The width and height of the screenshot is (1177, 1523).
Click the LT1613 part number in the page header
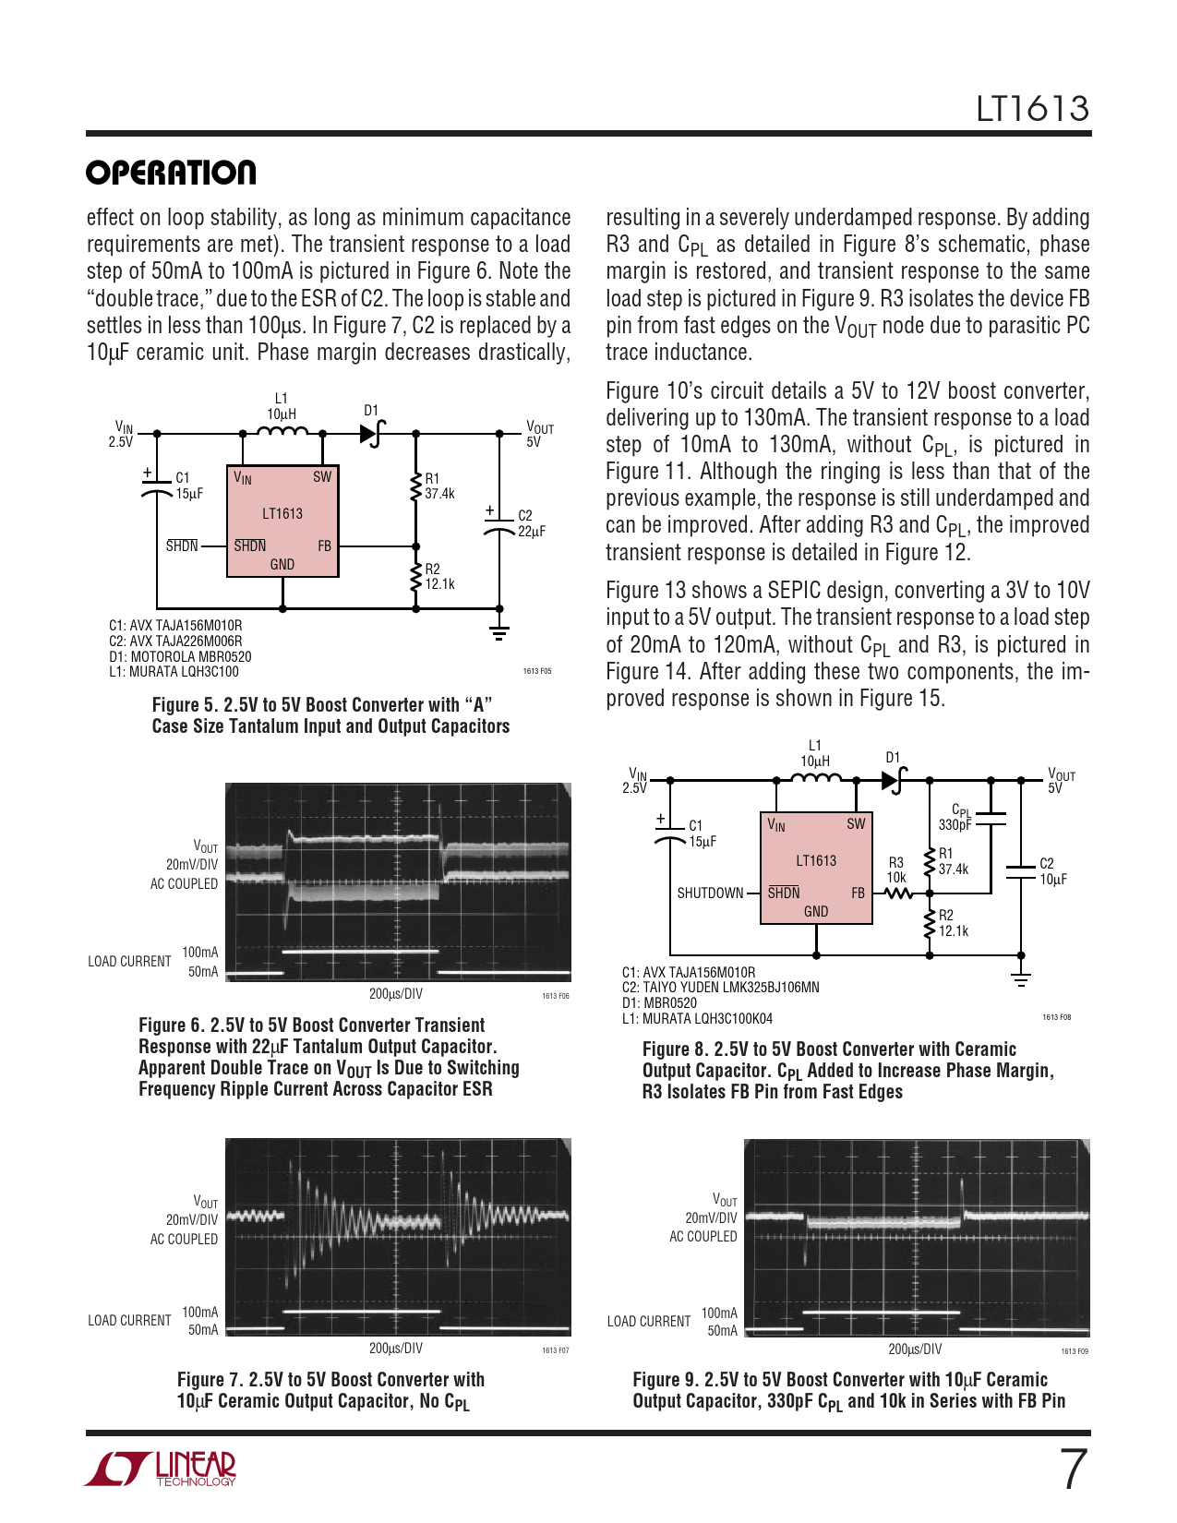pyautogui.click(x=1033, y=109)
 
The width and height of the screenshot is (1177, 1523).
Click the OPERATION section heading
pyautogui.click(x=171, y=173)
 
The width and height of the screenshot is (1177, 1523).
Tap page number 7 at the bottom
pyautogui.click(x=1073, y=1469)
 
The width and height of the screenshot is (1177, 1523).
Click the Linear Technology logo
pyautogui.click(x=161, y=1469)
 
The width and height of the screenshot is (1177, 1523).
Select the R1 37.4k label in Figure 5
pyautogui.click(x=439, y=486)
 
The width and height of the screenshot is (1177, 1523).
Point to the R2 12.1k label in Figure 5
pyautogui.click(x=439, y=577)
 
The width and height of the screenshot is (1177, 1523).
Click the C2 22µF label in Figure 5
pyautogui.click(x=531, y=523)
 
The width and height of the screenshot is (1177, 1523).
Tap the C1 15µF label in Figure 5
pyautogui.click(x=189, y=486)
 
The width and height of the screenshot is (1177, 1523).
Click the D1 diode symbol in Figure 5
pyautogui.click(x=372, y=432)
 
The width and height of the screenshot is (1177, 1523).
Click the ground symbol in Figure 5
pyautogui.click(x=499, y=632)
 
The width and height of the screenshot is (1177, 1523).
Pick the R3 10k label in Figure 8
pyautogui.click(x=896, y=869)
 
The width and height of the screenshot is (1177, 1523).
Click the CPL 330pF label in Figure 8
pyautogui.click(x=956, y=818)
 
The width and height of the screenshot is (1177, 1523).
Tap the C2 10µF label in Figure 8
pyautogui.click(x=1052, y=871)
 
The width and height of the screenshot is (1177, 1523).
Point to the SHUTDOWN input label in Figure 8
pyautogui.click(x=710, y=893)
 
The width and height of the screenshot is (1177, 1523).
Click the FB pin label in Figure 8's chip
pyautogui.click(x=858, y=893)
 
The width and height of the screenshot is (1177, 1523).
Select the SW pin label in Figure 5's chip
pyautogui.click(x=321, y=477)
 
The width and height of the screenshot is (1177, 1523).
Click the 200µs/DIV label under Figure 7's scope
pyautogui.click(x=396, y=1349)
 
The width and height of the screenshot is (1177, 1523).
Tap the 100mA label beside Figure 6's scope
pyautogui.click(x=200, y=953)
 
